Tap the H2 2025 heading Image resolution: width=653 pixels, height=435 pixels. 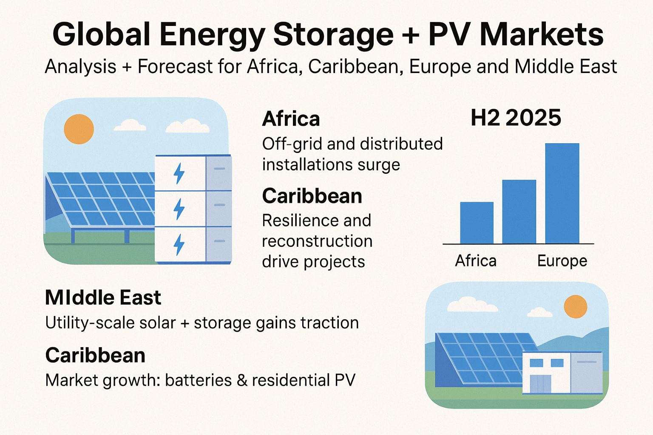(516, 118)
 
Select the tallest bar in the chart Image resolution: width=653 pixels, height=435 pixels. (562, 193)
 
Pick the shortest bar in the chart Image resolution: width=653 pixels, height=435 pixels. (477, 223)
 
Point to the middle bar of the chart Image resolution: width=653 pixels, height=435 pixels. (519, 212)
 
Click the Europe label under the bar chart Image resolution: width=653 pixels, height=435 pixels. (562, 260)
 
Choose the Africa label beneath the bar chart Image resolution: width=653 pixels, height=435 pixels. (476, 260)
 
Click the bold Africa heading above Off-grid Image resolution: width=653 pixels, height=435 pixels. (291, 119)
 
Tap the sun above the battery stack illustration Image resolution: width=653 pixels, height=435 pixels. (79, 129)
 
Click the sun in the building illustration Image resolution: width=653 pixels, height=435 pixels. (575, 306)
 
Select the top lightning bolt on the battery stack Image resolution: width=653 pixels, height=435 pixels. (179, 174)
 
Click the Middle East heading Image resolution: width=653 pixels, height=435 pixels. (103, 298)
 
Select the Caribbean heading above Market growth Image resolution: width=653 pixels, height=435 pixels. (95, 355)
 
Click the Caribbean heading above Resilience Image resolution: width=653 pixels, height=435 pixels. (312, 196)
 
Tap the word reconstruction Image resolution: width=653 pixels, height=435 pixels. (317, 241)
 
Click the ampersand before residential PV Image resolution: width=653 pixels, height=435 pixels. (242, 380)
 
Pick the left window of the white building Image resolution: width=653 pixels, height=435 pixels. (536, 363)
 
